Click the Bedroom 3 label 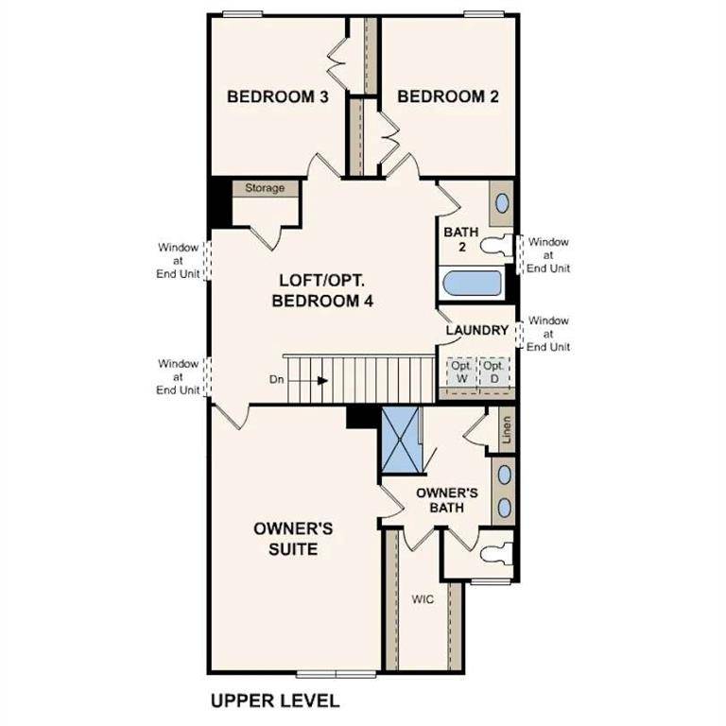[x=277, y=96]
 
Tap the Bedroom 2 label [x=447, y=96]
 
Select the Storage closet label [x=265, y=188]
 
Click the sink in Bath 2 [x=502, y=203]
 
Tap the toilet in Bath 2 [x=495, y=246]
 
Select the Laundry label [x=477, y=330]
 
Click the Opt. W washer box [x=461, y=372]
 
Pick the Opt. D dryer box [x=493, y=372]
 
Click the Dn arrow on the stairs [x=322, y=381]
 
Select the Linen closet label [x=506, y=430]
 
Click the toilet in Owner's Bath [x=494, y=547]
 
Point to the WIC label [x=422, y=599]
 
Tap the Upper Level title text [x=274, y=700]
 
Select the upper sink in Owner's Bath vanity [x=504, y=475]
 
